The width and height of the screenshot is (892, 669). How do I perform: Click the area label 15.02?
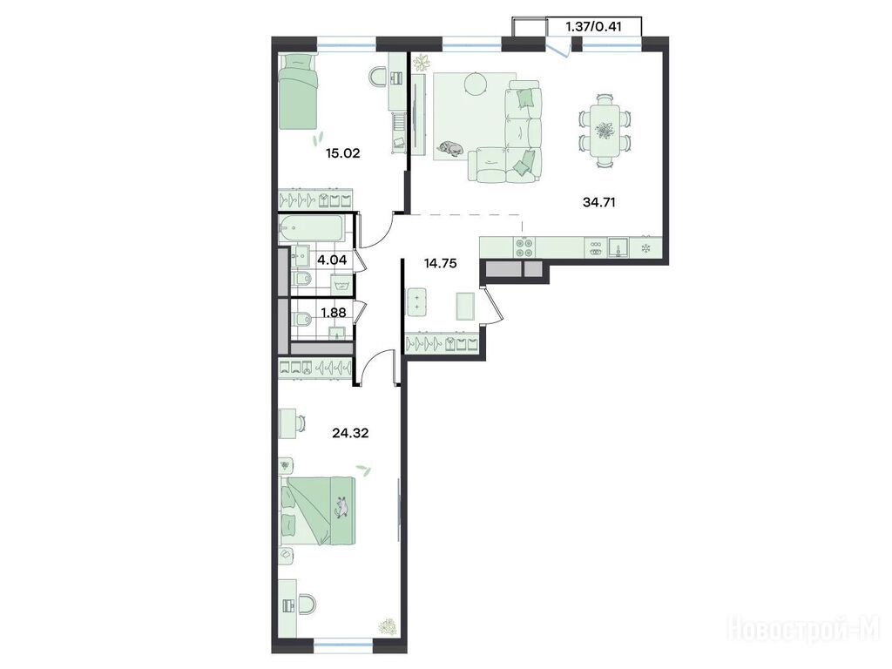coord(342,153)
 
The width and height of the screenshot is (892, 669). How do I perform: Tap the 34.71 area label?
coord(599,201)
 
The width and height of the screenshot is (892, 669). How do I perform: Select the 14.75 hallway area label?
coord(440,263)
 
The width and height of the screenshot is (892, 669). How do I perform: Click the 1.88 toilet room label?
coord(334,312)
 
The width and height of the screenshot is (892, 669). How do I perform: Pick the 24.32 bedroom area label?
coord(350,433)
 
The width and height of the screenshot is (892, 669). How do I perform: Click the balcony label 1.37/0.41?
coord(593,27)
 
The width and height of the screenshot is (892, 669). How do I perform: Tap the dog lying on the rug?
coord(450,148)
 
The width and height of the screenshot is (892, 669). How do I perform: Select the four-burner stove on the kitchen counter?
coord(524,247)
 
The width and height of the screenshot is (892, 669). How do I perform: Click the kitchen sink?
coord(618,247)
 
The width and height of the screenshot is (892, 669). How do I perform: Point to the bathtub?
coord(311,229)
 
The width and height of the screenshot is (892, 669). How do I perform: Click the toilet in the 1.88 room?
coord(301,319)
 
